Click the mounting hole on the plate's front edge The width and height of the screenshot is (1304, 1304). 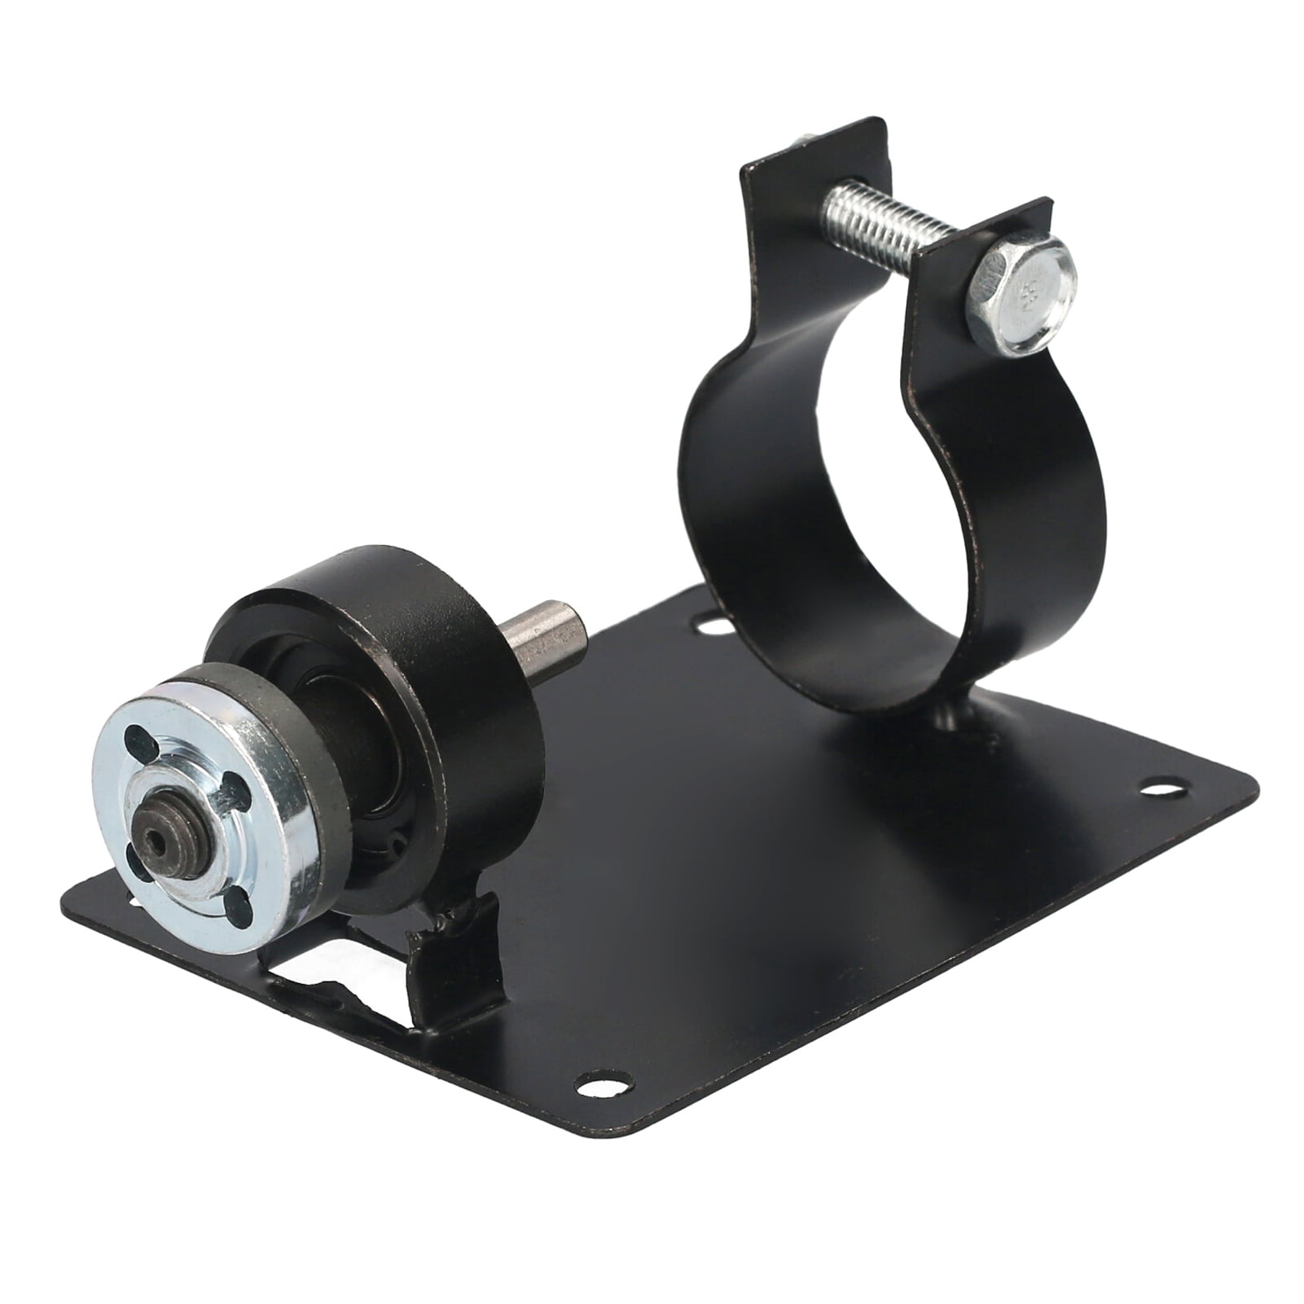click(x=603, y=1083)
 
